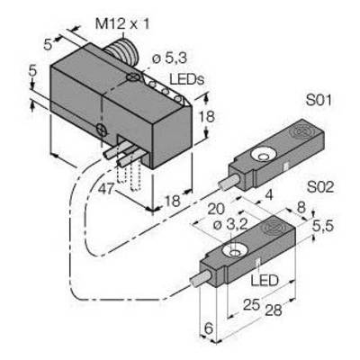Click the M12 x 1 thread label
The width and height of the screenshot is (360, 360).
122,23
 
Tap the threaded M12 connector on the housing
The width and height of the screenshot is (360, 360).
121,49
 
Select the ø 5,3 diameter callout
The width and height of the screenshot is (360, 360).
169,58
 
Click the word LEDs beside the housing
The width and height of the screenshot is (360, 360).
186,79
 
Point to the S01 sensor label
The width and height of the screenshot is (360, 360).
319,100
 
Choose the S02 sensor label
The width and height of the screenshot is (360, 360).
320,187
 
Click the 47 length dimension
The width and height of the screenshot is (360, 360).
107,189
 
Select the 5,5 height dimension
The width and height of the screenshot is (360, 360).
322,226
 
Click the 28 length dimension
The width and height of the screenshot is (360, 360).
273,310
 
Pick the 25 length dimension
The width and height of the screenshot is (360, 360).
251,305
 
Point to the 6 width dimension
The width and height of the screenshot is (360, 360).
209,328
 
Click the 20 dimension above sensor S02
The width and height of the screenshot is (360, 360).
216,209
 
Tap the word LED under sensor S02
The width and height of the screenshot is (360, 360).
265,281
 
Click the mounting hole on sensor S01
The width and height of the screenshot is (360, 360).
264,157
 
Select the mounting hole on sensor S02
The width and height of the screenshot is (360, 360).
235,251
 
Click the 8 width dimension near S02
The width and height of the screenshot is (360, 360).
301,207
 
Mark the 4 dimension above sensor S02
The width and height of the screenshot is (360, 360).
269,195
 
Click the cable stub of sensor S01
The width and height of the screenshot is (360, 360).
229,183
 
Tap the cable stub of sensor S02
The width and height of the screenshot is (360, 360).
201,277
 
